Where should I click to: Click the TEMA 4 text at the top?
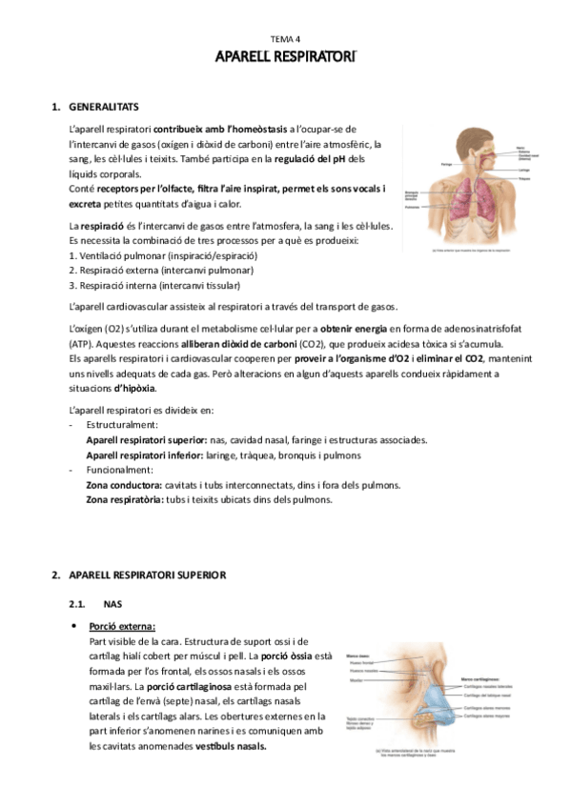coord(285,38)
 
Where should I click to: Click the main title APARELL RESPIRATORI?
coord(285,58)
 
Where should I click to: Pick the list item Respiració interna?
coord(140,285)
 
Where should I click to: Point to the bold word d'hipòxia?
coord(134,388)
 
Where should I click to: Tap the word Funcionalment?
coord(118,470)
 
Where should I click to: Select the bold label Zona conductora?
coord(121,485)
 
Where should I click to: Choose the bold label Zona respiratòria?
coord(124,500)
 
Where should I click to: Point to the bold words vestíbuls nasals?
coord(228,747)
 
